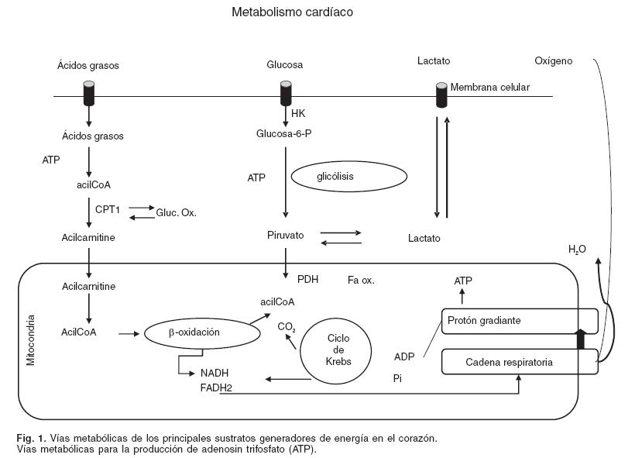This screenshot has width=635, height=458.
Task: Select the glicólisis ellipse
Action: pyautogui.click(x=348, y=177)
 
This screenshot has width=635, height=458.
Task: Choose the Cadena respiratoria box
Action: pyautogui.click(x=520, y=362)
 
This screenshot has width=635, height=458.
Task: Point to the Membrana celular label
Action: pyautogui.click(x=489, y=88)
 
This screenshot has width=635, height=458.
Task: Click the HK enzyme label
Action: pyautogui.click(x=298, y=114)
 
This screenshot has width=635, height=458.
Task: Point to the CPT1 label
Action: pyautogui.click(x=106, y=209)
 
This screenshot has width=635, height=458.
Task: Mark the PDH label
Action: pyautogui.click(x=307, y=279)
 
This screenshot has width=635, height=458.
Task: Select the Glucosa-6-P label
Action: pyautogui.click(x=283, y=133)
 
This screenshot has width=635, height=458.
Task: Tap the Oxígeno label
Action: pyautogui.click(x=554, y=60)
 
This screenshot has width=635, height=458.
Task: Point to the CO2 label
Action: pyautogui.click(x=287, y=327)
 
